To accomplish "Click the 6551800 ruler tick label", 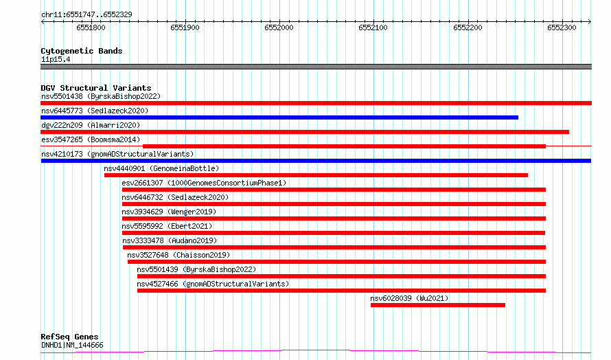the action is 91,27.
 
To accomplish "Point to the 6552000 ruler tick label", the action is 279,27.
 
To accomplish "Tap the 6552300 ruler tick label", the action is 562,27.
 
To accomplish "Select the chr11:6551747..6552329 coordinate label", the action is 87,15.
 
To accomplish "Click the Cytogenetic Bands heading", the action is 82,51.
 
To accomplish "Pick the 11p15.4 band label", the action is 56,59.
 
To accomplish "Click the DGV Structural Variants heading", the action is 96,88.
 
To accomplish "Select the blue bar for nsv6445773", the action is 279,117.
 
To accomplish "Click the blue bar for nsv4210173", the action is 316,161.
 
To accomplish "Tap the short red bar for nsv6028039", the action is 438,305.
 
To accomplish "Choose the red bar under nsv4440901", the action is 316,175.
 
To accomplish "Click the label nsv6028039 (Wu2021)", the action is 409,298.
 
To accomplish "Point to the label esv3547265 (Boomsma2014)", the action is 91,139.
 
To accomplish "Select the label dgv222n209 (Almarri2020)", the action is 91,125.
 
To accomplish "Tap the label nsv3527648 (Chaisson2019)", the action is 178,255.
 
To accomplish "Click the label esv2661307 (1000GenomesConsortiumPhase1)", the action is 204,183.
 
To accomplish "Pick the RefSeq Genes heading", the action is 69,337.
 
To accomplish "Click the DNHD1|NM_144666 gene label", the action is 72,345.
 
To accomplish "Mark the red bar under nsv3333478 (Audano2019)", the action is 334,247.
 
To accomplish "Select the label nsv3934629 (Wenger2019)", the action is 169,212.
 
